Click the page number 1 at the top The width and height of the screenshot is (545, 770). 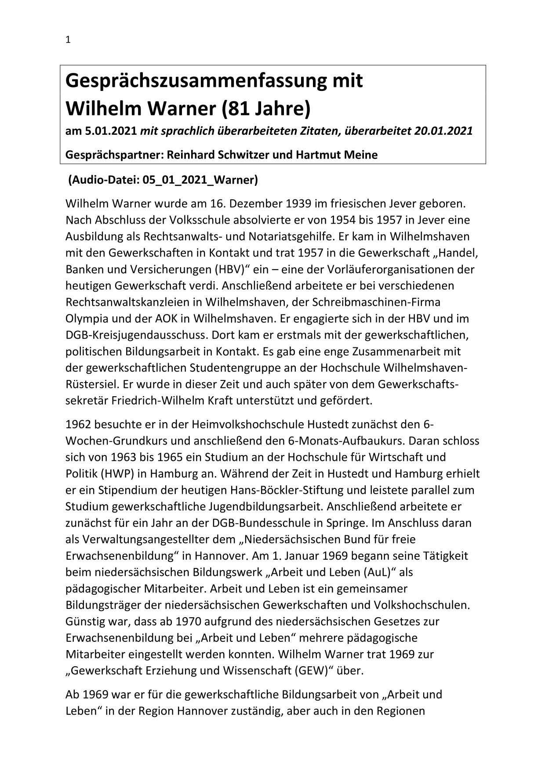[68, 40]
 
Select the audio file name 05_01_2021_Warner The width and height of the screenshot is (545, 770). [200, 180]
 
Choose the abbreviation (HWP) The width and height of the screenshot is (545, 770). [111, 474]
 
